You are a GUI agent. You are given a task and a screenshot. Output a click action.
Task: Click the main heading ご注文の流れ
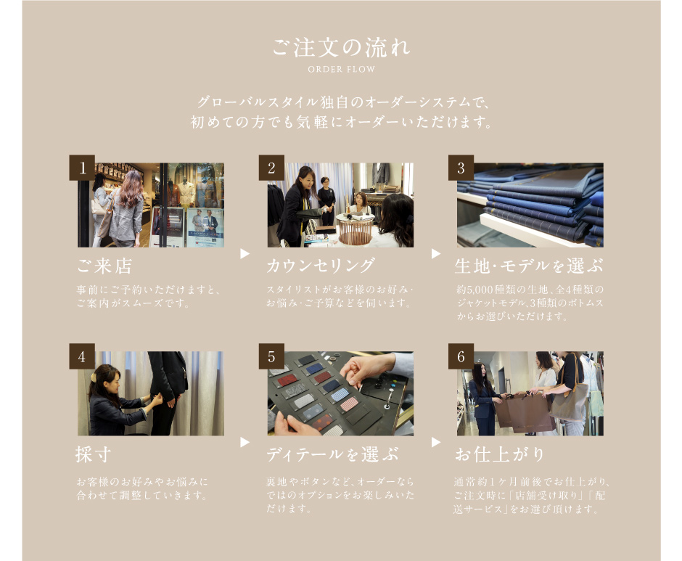point(341,47)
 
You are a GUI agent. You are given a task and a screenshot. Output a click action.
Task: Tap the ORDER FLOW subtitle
point(341,69)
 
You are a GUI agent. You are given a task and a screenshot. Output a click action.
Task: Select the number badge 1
point(82,168)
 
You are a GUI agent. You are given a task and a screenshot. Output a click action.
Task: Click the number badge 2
point(271,168)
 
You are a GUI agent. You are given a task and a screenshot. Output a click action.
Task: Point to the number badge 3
point(461,168)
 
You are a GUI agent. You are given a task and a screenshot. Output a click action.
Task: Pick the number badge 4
point(82,356)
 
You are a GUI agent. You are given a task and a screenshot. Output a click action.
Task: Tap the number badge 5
point(271,356)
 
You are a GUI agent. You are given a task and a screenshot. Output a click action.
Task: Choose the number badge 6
point(461,356)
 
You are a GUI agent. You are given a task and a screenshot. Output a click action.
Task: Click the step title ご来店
point(104,266)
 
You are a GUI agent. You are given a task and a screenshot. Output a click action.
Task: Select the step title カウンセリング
point(321,266)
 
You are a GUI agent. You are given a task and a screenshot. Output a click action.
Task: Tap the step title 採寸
point(94,454)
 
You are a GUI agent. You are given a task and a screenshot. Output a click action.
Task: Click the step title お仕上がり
point(499,454)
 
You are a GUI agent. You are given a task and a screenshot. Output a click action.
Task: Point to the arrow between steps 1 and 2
point(245,254)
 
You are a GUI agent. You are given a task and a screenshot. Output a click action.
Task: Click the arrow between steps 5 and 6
point(436,442)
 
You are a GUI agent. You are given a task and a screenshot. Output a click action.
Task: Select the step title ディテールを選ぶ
point(332,454)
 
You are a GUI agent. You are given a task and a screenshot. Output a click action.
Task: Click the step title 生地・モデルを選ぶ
point(529,266)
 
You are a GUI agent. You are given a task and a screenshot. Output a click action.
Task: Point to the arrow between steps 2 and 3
point(436,254)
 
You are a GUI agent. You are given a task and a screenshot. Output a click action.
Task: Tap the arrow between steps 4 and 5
point(245,442)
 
